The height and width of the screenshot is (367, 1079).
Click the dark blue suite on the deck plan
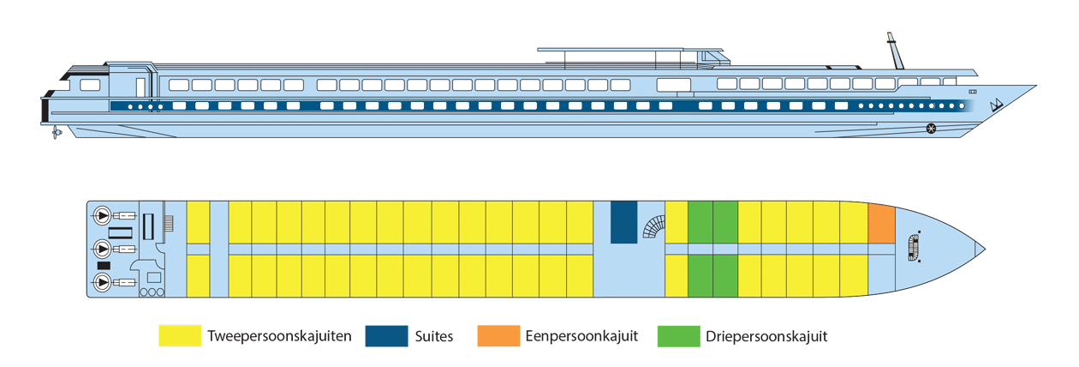(x=623, y=222)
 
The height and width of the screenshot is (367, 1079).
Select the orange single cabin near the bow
(x=881, y=224)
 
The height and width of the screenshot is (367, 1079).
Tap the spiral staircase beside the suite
(x=654, y=227)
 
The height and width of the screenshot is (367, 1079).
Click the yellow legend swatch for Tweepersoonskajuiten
(x=180, y=335)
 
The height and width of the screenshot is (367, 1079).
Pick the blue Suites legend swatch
(x=386, y=335)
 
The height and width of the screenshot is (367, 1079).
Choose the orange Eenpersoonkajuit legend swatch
(x=498, y=335)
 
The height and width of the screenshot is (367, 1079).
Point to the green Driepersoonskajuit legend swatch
(x=679, y=335)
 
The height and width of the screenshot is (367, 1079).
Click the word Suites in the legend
(x=434, y=336)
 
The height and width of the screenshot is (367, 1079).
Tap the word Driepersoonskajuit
(x=766, y=336)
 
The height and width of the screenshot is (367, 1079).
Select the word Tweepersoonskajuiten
(x=279, y=336)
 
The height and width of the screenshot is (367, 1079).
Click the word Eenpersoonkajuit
(x=581, y=336)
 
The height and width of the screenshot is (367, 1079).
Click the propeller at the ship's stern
(x=57, y=132)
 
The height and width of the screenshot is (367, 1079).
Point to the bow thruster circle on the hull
(x=931, y=129)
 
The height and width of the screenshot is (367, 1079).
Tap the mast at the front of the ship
(x=895, y=51)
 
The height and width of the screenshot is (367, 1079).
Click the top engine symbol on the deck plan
(x=102, y=215)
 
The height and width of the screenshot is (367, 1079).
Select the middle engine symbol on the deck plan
(x=102, y=249)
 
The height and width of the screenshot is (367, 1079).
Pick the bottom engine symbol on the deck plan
(x=102, y=282)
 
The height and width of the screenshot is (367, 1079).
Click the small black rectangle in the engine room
(x=104, y=266)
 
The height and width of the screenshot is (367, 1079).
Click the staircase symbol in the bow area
(x=914, y=248)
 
